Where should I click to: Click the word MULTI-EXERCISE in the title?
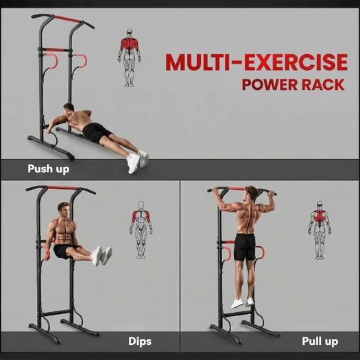[x=256, y=62]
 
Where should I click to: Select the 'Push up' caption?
[x=48, y=169]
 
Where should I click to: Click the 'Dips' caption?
[x=140, y=341]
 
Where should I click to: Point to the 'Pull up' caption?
[x=320, y=341]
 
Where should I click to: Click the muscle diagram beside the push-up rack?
[x=130, y=58]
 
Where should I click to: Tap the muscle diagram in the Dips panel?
[x=141, y=230]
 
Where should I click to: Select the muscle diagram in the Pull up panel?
[x=320, y=230]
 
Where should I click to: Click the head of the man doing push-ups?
[x=69, y=108]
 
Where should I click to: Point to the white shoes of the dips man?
[x=101, y=256]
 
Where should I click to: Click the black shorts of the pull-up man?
[x=245, y=247]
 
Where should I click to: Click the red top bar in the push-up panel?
[x=67, y=19]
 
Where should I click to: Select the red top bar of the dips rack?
[x=62, y=188]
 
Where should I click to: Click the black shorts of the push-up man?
[x=96, y=133]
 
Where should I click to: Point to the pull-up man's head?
[x=252, y=193]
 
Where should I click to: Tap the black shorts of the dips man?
[x=64, y=251]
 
